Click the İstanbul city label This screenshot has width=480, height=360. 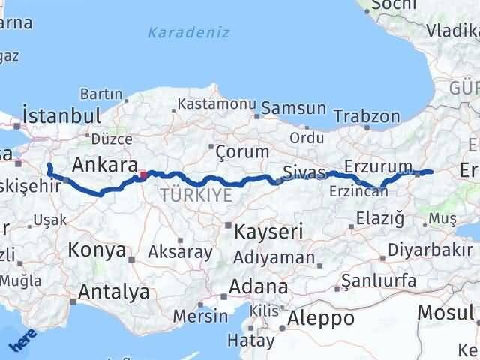pos(61,116)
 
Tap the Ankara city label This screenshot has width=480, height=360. pos(105,165)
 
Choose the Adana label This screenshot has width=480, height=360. pos(259,287)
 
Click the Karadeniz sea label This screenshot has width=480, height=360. pos(189,32)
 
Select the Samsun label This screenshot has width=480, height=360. pos(294,108)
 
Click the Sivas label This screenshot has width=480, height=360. pos(305,173)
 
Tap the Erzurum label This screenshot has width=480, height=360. pos(379,166)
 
